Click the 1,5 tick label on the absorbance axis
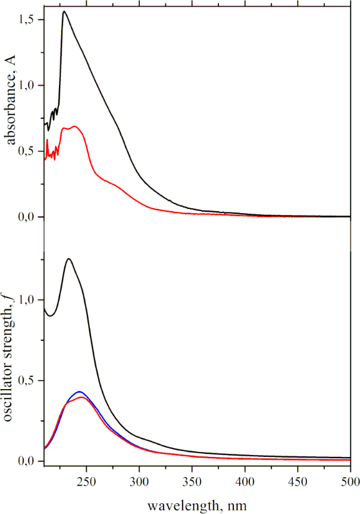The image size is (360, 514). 31,20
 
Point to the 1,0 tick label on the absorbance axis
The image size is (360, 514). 31,86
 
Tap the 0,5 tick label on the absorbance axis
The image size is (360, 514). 31,152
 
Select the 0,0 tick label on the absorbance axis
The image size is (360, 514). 31,218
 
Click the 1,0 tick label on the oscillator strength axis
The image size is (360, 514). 31,300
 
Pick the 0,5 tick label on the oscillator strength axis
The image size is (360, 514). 31,381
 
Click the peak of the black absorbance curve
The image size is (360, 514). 64,11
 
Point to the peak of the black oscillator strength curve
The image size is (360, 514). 69,259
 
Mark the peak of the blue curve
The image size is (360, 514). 79,392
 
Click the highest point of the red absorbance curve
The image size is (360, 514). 74,126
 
